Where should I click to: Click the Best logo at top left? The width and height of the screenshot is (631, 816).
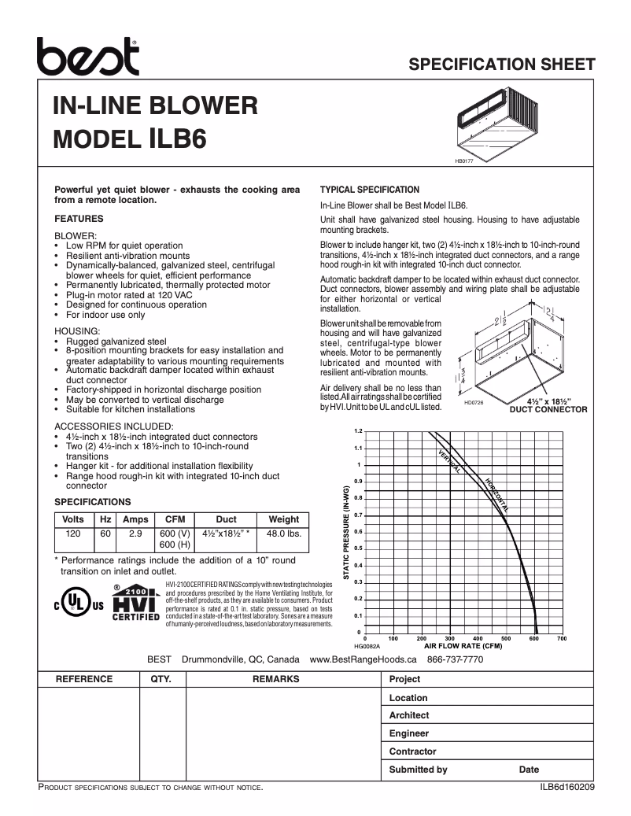(88, 56)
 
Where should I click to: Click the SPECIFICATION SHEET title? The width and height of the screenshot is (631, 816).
(501, 65)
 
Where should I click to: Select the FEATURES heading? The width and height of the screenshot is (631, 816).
(79, 219)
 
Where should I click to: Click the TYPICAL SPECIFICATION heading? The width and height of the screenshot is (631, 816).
(369, 190)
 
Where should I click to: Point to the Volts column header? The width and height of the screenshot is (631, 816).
(73, 519)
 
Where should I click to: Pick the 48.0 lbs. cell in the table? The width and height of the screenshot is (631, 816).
(283, 534)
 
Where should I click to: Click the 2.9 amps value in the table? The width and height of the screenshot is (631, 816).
(135, 534)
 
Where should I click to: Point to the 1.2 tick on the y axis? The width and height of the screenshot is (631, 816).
(358, 432)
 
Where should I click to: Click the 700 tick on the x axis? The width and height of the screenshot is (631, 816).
(561, 638)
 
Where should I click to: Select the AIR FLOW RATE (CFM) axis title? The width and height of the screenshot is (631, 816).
(463, 645)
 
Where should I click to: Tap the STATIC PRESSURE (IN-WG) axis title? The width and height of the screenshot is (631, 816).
(345, 533)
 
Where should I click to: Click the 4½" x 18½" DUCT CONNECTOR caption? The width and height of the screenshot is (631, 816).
(548, 405)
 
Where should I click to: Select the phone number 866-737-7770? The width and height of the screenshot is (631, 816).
(455, 659)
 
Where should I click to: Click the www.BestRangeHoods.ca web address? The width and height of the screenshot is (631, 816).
(363, 659)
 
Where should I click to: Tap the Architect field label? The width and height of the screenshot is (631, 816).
(409, 715)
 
